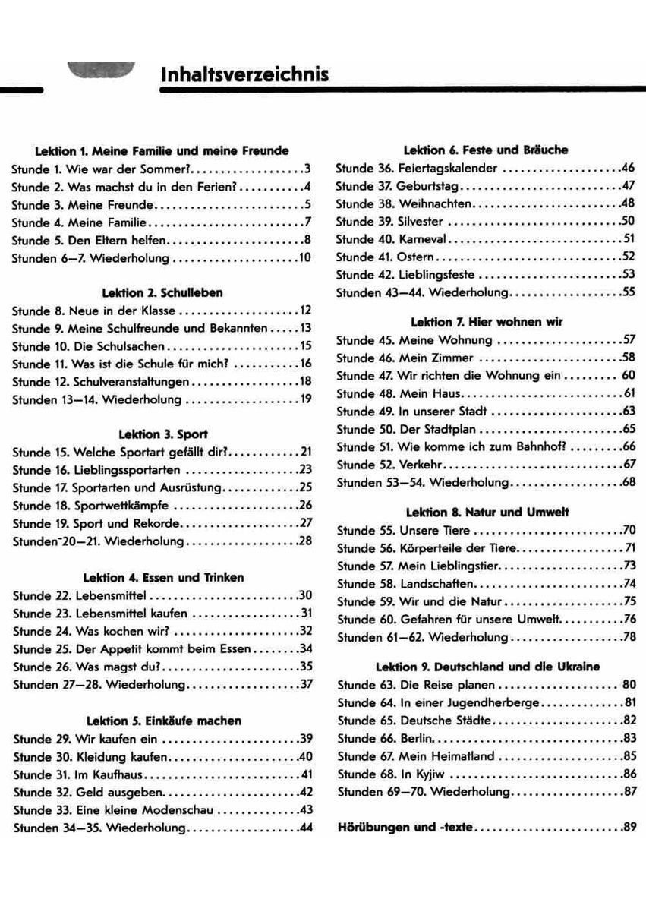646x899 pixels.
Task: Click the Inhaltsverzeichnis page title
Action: coord(245,75)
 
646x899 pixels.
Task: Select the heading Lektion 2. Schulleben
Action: coord(162,292)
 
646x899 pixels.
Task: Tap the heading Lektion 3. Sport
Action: coord(162,434)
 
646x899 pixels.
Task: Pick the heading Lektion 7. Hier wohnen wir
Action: coord(486,322)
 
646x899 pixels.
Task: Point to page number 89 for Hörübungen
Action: coord(628,828)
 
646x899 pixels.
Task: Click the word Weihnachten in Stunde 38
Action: coord(436,203)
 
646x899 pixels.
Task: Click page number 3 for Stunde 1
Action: coord(307,169)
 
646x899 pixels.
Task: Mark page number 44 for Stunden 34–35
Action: coord(306,828)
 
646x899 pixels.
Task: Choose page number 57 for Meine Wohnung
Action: coord(628,340)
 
